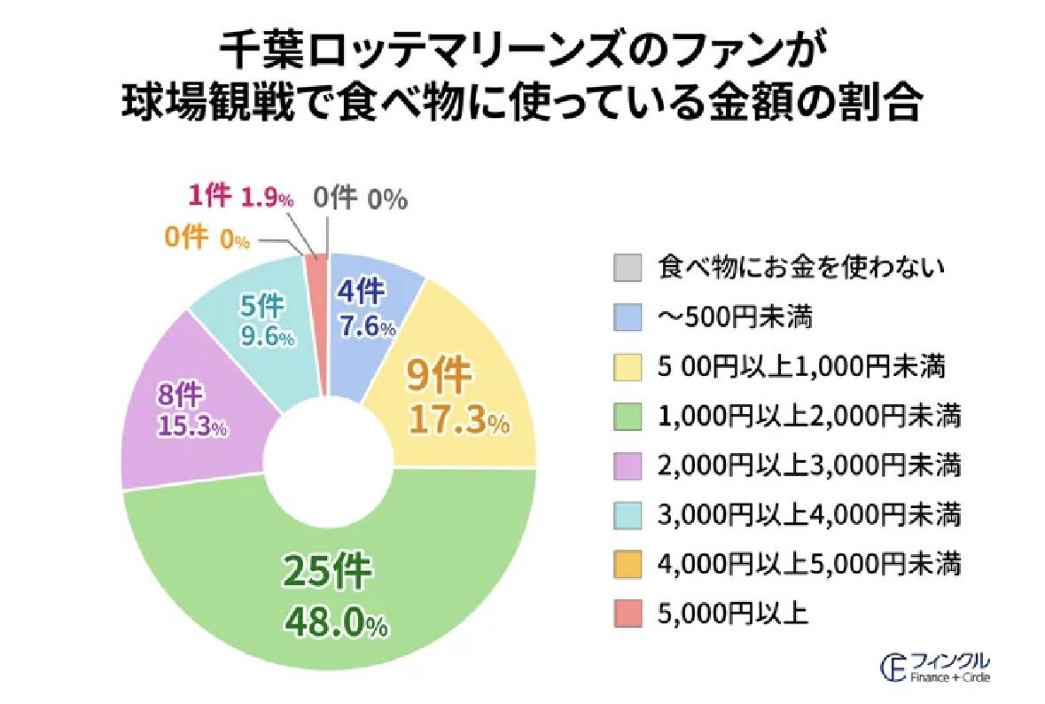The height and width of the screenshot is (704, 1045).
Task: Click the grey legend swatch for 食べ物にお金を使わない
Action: pos(627,266)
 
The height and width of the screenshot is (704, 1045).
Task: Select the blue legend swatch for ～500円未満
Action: pos(627,316)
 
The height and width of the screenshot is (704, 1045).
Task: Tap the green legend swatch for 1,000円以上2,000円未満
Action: pos(627,415)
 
